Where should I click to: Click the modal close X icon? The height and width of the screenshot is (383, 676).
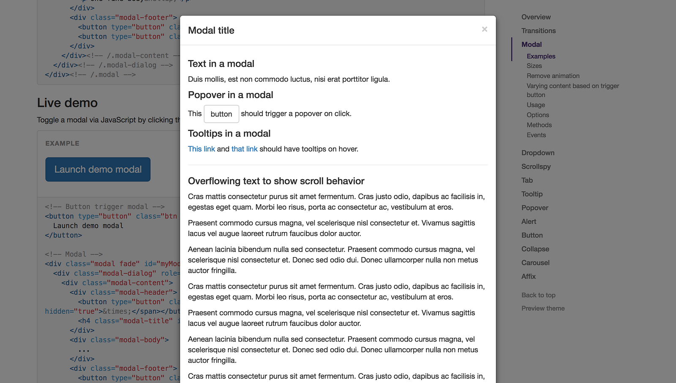pos(484,29)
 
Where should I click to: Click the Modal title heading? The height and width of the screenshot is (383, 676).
pos(211,30)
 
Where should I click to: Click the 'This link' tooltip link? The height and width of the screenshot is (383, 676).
pos(201,149)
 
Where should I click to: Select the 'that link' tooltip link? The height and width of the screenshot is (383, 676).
pos(244,149)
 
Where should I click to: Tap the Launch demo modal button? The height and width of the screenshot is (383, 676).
pos(98,170)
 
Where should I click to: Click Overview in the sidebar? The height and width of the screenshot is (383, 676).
pos(536,17)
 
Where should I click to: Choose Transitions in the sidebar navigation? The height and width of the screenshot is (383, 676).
pos(538,31)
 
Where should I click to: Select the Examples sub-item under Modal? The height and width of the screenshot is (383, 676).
pos(541,56)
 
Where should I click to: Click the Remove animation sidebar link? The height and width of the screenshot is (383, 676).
pos(553,76)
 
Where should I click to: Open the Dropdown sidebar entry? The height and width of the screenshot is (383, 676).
pos(537,153)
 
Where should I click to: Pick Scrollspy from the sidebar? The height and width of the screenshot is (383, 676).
pos(536,167)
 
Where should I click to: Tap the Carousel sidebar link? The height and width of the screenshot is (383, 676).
pos(535,263)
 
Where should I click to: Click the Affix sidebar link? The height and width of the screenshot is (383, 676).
pos(528,276)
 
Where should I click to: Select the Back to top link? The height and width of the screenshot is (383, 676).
pos(538,295)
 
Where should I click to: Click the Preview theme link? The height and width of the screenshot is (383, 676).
pos(543,308)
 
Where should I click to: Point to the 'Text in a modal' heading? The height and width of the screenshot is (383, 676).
pos(221,64)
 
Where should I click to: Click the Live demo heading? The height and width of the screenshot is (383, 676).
pos(67,103)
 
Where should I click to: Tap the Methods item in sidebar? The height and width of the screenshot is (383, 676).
pos(539,125)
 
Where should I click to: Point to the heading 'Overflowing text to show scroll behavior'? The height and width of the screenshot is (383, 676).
pos(276,181)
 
